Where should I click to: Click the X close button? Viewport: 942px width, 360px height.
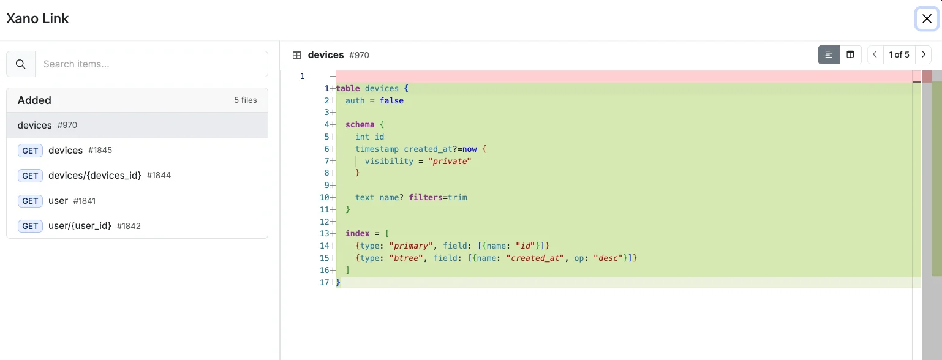pos(927,18)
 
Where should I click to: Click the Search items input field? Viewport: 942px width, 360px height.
pos(151,64)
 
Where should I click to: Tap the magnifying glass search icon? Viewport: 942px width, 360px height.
pos(21,64)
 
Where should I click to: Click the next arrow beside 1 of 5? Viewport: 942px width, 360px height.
pos(924,54)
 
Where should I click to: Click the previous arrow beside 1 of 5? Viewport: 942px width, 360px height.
pos(875,54)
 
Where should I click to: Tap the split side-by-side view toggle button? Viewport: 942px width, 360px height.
pos(850,54)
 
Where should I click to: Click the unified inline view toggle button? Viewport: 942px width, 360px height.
pos(829,54)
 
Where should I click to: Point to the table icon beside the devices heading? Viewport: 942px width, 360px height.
pos(297,55)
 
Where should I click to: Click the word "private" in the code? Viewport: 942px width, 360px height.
pos(450,161)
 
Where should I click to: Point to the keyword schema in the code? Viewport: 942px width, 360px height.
pos(360,124)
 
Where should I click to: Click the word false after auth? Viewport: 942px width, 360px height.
pos(391,100)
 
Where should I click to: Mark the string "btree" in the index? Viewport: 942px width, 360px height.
pos(406,258)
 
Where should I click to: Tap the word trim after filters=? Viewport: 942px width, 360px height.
pos(458,197)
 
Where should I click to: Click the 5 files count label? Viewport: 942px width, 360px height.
pos(246,100)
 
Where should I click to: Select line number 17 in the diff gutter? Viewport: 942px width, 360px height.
pos(324,282)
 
